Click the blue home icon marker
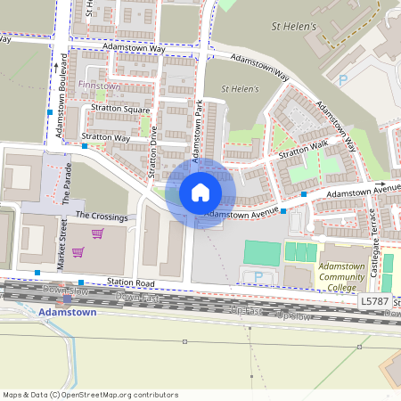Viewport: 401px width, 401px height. [x=200, y=192]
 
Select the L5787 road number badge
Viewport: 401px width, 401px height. [x=374, y=303]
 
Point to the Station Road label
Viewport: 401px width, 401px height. [x=132, y=283]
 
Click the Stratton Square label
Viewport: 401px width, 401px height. [x=120, y=110]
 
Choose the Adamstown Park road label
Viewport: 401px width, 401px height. [x=200, y=126]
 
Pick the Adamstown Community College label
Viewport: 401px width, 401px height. [x=341, y=277]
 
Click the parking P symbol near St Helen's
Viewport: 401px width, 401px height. [x=343, y=80]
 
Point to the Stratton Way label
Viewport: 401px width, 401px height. [x=106, y=138]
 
